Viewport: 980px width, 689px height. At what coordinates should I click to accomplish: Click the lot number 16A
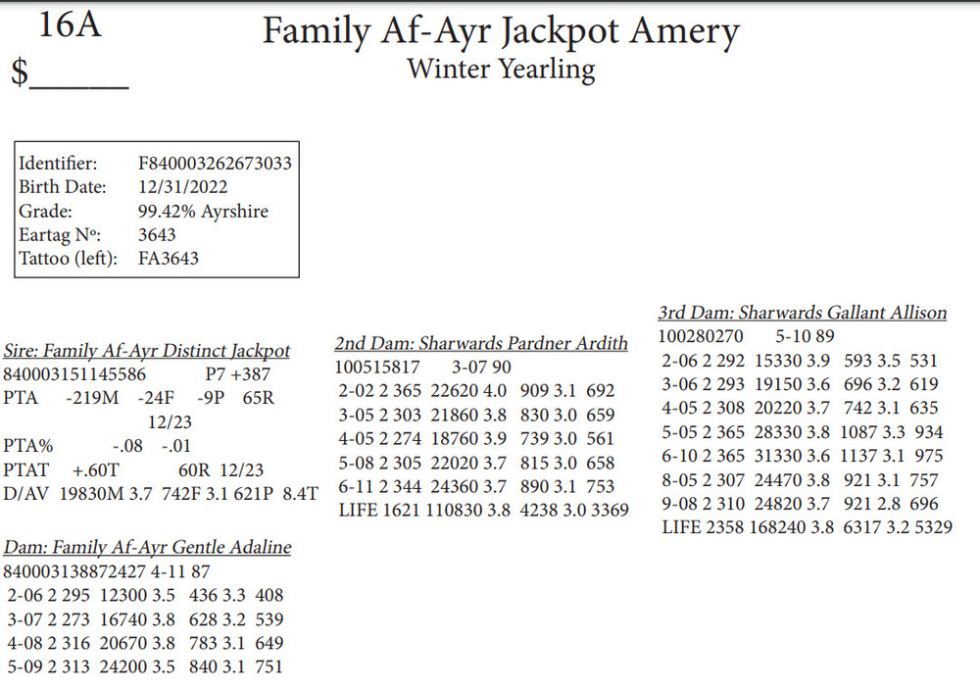point(70,25)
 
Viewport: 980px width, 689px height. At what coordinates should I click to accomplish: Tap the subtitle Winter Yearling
point(501,70)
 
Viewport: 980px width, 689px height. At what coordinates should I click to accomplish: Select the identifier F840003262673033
point(215,164)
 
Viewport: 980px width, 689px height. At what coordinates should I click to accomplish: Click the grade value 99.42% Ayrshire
point(203,212)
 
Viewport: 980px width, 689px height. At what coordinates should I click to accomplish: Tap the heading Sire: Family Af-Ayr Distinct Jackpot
point(147,351)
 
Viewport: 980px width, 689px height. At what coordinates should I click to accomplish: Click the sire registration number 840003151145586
point(75,374)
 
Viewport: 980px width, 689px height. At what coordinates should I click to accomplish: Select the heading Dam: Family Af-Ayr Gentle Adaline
point(147,547)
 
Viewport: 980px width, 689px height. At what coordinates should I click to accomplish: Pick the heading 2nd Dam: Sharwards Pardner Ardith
point(480,344)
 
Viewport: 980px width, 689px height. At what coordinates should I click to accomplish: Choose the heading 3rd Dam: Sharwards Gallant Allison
point(802,314)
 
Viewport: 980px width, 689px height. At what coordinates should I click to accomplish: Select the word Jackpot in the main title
point(560,32)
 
